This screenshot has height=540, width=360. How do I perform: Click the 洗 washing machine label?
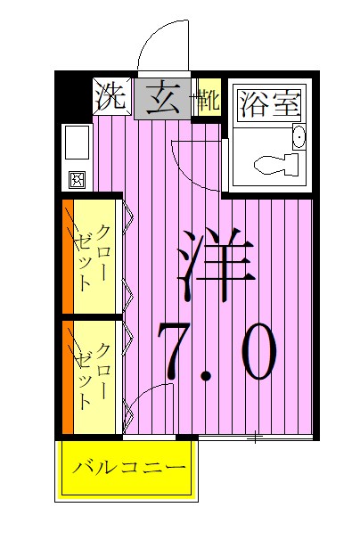click(110, 94)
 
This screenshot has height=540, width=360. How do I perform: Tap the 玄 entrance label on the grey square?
click(162, 94)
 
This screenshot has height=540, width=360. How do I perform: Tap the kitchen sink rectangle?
click(76, 143)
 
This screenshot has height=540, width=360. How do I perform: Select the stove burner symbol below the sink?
click(76, 179)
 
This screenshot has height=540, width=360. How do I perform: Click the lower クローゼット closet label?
click(94, 374)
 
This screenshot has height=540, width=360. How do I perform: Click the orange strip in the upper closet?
click(67, 258)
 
